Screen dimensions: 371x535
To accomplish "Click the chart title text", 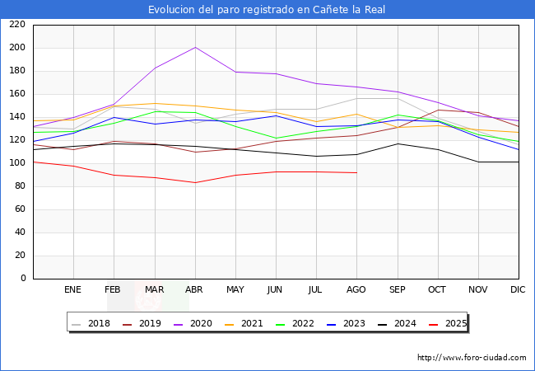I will (x=267, y=10).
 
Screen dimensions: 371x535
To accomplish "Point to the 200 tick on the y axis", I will (x=17, y=48).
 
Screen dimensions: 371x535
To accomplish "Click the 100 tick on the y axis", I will (x=17, y=163).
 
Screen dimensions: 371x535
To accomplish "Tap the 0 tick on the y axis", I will (x=23, y=279).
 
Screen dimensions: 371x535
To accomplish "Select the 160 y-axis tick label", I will (x=17, y=94).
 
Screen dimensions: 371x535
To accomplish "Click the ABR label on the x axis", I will (x=194, y=289).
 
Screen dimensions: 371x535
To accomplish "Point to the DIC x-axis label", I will (x=518, y=289).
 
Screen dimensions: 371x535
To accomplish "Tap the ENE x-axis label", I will (x=73, y=289).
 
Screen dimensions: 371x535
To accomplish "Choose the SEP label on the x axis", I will (x=397, y=289).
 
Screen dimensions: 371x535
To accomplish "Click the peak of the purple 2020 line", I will (x=195, y=47).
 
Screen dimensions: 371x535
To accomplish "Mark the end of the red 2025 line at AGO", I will (x=356, y=172).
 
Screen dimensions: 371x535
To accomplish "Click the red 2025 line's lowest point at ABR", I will (x=195, y=182).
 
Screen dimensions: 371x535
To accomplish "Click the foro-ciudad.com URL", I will (x=472, y=358).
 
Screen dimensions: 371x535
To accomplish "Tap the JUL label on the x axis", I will (x=316, y=289).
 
